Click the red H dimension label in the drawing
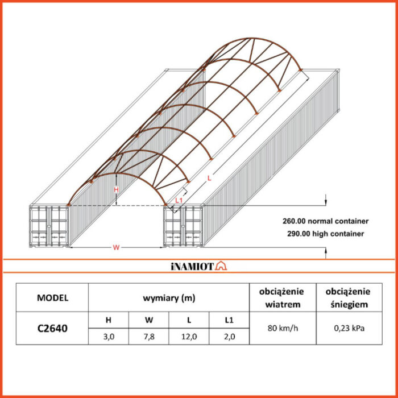coord(116,189)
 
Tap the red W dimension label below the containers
coord(116,247)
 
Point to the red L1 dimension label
coord(179,200)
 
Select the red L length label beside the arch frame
coord(209,178)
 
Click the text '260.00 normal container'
coord(325,221)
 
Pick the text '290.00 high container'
coord(325,234)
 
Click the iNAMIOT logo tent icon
coord(221,266)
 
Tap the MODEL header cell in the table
coord(52,297)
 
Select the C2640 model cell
coord(52,328)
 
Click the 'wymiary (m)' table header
coord(169,298)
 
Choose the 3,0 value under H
coord(109,337)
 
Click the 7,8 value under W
coord(149,337)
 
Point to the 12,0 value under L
coord(189,337)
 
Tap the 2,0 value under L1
coord(229,337)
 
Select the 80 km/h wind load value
coord(283,328)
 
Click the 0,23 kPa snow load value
coord(349,328)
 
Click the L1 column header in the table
coord(229,320)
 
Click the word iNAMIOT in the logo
coord(193,266)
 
